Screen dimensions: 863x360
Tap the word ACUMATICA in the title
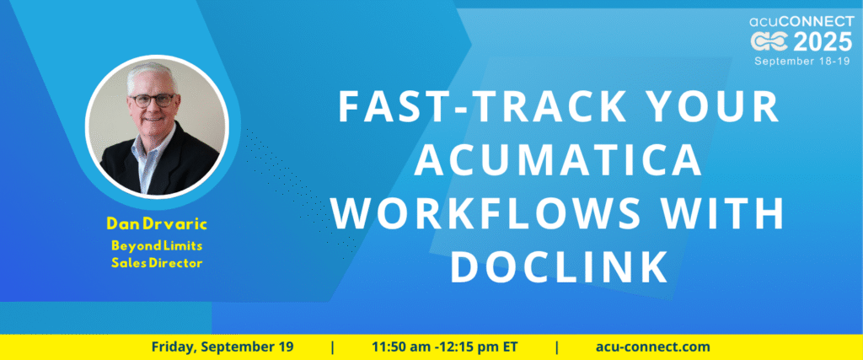coord(559,159)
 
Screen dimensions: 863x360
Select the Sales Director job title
coord(156,263)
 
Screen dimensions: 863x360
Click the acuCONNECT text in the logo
coord(802,21)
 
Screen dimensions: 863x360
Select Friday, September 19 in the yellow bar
coord(222,347)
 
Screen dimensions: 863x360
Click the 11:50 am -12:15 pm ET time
coord(445,347)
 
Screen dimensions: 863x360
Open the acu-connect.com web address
coord(653,347)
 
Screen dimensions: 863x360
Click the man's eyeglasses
coord(152,100)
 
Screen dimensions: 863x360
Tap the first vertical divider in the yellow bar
coord(332,347)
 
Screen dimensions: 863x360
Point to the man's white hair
coord(151,76)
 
